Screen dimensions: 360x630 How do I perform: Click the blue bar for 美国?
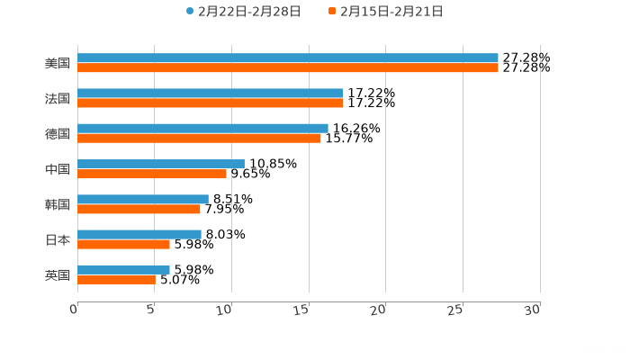click(288, 58)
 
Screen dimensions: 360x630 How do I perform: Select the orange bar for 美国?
click(288, 68)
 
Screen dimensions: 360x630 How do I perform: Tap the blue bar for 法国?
click(211, 94)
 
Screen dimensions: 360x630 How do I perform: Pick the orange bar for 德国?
click(199, 138)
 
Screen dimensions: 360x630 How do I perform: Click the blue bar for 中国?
click(161, 164)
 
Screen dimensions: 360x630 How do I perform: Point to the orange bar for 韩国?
click(139, 209)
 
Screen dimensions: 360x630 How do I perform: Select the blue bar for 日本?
click(139, 234)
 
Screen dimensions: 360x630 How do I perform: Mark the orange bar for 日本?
click(123, 244)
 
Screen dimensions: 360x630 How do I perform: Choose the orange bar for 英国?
click(116, 279)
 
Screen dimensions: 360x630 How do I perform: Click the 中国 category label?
click(58, 169)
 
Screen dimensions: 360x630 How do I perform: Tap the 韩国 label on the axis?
click(58, 204)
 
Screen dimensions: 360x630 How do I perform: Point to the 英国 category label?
click(58, 274)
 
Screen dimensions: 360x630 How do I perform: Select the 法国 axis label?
click(58, 99)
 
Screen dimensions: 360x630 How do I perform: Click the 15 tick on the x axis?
click(307, 310)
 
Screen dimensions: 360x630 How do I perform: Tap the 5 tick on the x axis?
click(152, 310)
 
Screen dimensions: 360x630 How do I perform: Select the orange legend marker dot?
click(332, 12)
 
